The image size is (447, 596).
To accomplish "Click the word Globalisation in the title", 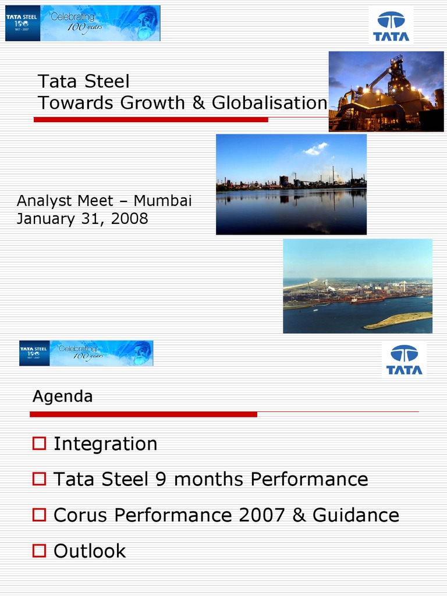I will pyautogui.click(x=269, y=103).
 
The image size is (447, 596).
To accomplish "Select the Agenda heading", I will pyautogui.click(x=62, y=396).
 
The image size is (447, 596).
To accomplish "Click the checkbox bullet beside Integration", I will pyautogui.click(x=39, y=444).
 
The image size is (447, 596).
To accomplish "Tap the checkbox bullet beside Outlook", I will pyautogui.click(x=39, y=551).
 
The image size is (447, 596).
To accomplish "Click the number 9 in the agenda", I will pyautogui.click(x=161, y=480).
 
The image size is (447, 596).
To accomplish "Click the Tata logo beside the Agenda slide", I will pyautogui.click(x=405, y=360).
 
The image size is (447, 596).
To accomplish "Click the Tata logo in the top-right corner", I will pyautogui.click(x=391, y=26).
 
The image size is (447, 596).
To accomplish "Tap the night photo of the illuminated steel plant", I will pyautogui.click(x=386, y=91).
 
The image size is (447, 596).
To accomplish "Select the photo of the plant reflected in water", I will pyautogui.click(x=291, y=185).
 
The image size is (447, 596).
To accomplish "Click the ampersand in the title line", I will pyautogui.click(x=198, y=103).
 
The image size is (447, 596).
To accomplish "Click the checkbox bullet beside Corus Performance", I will pyautogui.click(x=39, y=515).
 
